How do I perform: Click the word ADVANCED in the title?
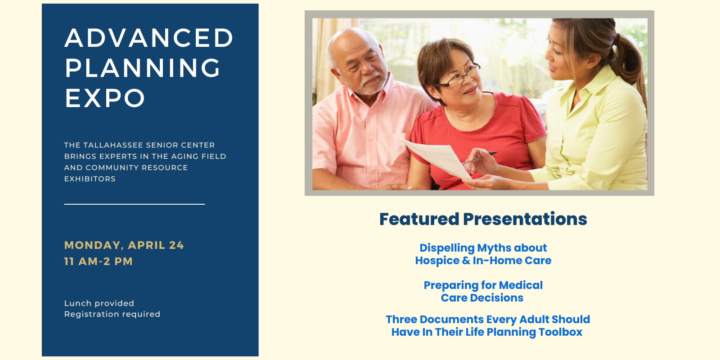click(149, 38)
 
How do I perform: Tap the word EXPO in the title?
click(105, 98)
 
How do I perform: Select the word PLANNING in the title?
click(143, 68)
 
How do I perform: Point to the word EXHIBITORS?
click(90, 179)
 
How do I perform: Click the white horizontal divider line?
click(135, 204)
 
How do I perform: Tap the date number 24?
click(176, 245)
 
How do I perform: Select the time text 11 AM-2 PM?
click(99, 261)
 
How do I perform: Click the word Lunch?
click(76, 303)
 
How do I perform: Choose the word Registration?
click(90, 315)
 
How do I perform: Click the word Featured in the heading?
click(419, 219)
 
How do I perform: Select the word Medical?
click(521, 285)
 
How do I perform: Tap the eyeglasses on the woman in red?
click(458, 77)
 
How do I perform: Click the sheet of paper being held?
click(436, 157)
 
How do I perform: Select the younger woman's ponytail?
click(628, 61)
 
